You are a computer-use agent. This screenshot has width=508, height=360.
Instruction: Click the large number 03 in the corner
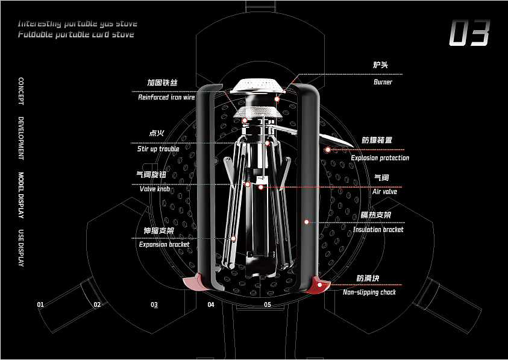pyautogui.click(x=469, y=33)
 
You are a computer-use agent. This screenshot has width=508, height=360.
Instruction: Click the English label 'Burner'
pyautogui.click(x=383, y=82)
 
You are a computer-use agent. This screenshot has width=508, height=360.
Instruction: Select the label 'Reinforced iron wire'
pyautogui.click(x=166, y=97)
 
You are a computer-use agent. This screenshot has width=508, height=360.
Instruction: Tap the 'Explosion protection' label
pyautogui.click(x=380, y=158)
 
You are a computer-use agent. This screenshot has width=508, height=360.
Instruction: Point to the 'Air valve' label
pyautogui.click(x=384, y=192)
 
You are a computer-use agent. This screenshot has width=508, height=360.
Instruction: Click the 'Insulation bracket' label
pyautogui.click(x=378, y=230)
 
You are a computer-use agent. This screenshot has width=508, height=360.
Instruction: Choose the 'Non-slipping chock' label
pyautogui.click(x=369, y=292)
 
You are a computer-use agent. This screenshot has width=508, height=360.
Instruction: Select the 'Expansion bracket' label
pyautogui.click(x=164, y=244)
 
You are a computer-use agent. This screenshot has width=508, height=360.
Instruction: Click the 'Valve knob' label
pyautogui.click(x=155, y=189)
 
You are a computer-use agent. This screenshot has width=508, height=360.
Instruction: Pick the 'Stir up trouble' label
pyautogui.click(x=158, y=148)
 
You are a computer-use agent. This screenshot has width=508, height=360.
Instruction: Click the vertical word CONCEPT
pyautogui.click(x=21, y=91)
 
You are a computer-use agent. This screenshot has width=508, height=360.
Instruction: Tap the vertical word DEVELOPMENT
pyautogui.click(x=21, y=138)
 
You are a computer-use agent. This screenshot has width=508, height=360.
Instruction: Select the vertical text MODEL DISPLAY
pyautogui.click(x=21, y=196)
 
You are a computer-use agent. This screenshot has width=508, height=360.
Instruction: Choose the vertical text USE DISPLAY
pyautogui.click(x=21, y=248)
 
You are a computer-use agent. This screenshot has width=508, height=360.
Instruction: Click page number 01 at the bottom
pyautogui.click(x=40, y=305)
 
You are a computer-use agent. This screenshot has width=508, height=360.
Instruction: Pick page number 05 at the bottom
pyautogui.click(x=268, y=305)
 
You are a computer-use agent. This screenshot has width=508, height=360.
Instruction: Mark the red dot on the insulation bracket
pyautogui.click(x=306, y=222)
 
